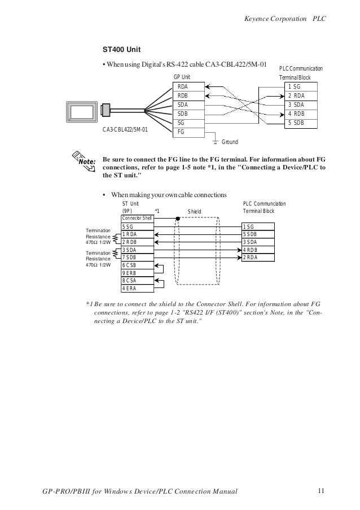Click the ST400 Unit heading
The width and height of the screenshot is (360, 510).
121,49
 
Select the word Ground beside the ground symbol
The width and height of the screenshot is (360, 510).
229,142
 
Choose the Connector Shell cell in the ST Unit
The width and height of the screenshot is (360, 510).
137,218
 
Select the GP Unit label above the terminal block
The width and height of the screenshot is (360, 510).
182,77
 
